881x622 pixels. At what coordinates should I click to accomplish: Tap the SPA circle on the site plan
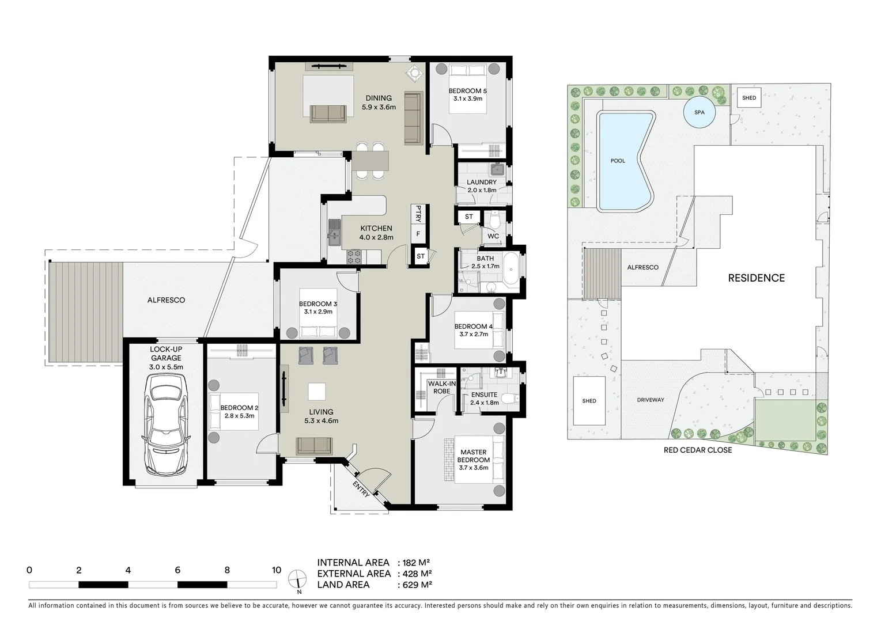pyautogui.click(x=699, y=112)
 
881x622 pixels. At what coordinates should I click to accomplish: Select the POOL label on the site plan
pyautogui.click(x=618, y=161)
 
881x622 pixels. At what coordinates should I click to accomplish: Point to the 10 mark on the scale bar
pyautogui.click(x=276, y=570)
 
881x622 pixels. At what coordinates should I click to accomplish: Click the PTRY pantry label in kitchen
pyautogui.click(x=418, y=214)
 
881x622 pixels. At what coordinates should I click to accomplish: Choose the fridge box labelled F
pyautogui.click(x=418, y=234)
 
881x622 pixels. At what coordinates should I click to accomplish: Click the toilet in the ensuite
pyautogui.click(x=510, y=399)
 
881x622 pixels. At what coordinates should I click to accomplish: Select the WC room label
pyautogui.click(x=493, y=236)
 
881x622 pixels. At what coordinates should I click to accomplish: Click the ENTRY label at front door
pyautogui.click(x=361, y=489)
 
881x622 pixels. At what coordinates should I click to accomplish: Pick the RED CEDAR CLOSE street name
pyautogui.click(x=698, y=450)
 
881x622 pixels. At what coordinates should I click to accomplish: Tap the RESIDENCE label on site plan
pyautogui.click(x=756, y=278)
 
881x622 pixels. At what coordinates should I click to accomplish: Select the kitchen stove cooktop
pyautogui.click(x=354, y=257)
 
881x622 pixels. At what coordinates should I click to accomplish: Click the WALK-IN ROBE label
pyautogui.click(x=441, y=388)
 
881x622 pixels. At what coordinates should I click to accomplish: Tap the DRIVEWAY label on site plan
pyautogui.click(x=651, y=400)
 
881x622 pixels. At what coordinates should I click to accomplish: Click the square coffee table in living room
pyautogui.click(x=317, y=392)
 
